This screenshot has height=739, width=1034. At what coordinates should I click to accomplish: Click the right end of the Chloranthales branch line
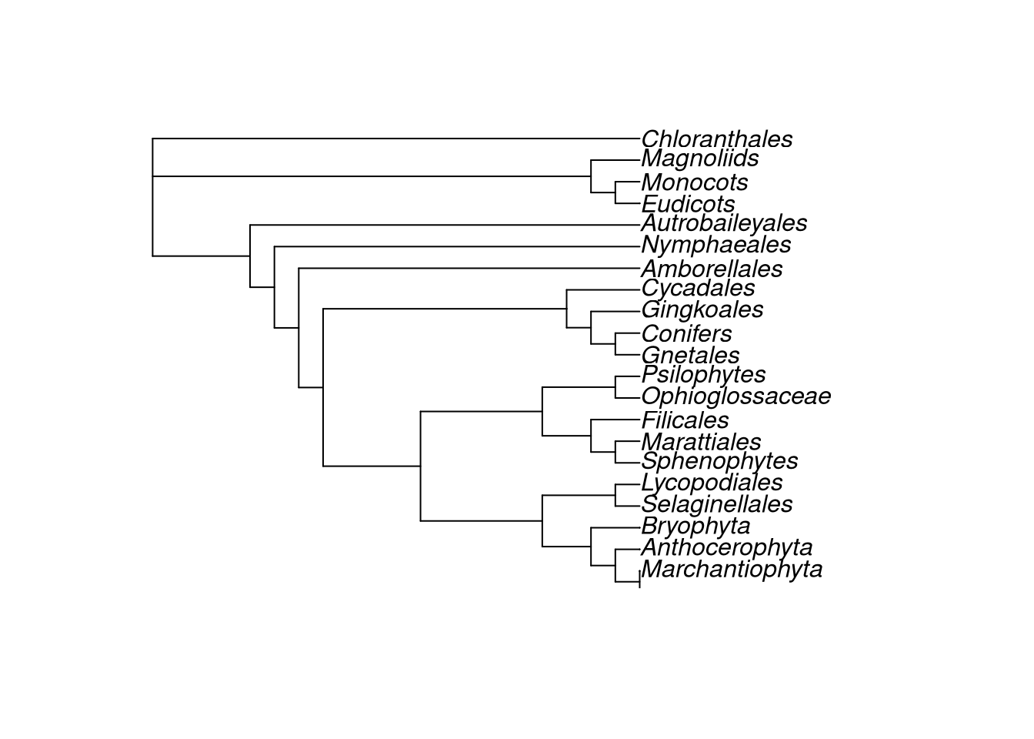[x=639, y=139]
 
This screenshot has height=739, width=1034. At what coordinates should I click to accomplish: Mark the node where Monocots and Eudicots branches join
[x=615, y=192]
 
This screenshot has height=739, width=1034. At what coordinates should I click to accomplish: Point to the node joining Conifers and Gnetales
[x=615, y=344]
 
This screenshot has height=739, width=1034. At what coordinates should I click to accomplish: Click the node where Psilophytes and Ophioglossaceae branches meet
[x=615, y=387]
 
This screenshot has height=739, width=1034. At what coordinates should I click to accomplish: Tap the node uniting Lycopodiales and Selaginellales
[x=615, y=495]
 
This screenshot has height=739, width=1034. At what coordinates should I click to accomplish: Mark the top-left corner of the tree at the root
[x=153, y=139]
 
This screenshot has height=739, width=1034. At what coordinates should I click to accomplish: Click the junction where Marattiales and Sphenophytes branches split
[x=615, y=452]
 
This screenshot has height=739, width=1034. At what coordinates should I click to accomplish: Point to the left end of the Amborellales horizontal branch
[x=299, y=269]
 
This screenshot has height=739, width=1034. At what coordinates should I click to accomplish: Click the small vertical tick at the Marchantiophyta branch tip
[x=639, y=579]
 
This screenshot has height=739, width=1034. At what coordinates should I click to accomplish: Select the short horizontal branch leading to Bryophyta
[x=615, y=527]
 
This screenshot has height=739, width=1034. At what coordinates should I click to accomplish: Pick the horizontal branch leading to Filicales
[x=615, y=420]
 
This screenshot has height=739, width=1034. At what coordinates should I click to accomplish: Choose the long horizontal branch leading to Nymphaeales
[x=457, y=246]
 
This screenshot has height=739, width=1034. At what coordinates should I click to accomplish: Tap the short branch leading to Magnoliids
[x=615, y=160]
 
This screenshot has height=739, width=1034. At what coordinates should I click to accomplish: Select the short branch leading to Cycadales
[x=603, y=290]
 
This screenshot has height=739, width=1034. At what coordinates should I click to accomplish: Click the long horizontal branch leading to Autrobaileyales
[x=445, y=225]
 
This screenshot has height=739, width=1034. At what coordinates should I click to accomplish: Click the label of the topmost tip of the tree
[x=717, y=139]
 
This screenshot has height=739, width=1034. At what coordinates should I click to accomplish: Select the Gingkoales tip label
[x=702, y=310]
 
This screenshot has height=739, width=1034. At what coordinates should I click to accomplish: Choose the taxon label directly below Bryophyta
[x=726, y=548]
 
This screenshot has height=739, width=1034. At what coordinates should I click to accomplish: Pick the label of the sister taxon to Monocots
[x=688, y=204]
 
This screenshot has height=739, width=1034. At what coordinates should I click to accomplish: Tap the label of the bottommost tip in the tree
[x=732, y=570]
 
